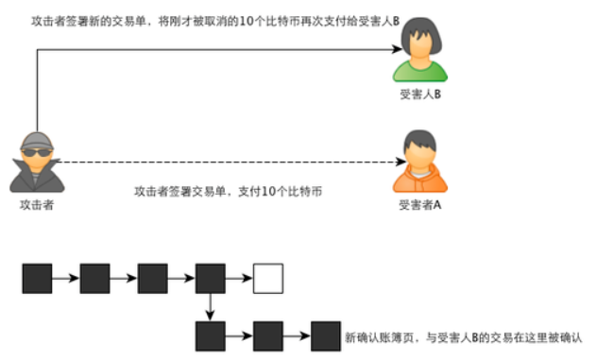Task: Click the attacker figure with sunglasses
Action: pos(36,163)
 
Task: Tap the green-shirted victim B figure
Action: pos(420,55)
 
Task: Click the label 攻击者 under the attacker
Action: pos(36,205)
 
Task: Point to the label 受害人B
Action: pos(421,95)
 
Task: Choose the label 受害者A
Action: pos(420,205)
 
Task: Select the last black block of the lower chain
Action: pos(326,335)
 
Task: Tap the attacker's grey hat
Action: pos(36,140)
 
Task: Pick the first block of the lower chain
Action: pos(210,335)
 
